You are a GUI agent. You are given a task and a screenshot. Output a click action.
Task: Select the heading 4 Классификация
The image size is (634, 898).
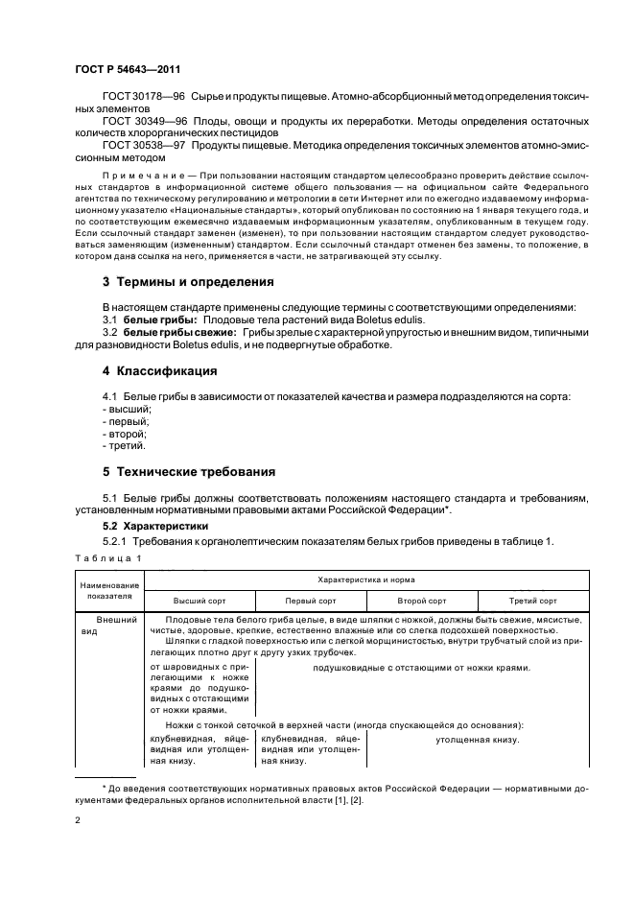[159, 371]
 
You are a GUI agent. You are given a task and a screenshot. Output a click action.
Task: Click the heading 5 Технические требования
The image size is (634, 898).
[189, 471]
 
